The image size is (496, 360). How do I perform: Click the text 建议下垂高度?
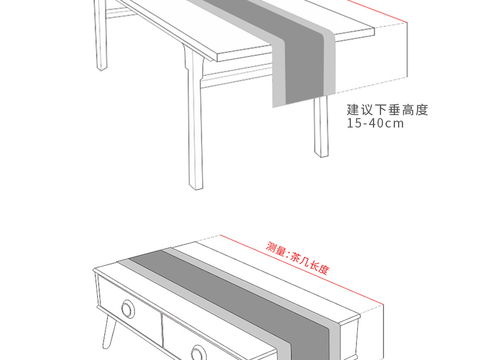(387, 110)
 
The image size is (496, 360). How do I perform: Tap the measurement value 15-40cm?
(375, 123)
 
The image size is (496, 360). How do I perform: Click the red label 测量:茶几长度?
(298, 258)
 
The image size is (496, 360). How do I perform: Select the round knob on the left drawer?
(129, 309)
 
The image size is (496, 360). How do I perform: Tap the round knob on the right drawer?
(200, 353)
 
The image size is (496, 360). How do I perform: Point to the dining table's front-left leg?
(195, 126)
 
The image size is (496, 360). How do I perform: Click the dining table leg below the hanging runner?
(321, 129)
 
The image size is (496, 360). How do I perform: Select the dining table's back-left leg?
(100, 38)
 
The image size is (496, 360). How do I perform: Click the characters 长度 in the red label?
(320, 268)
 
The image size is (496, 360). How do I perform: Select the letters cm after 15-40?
(395, 123)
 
